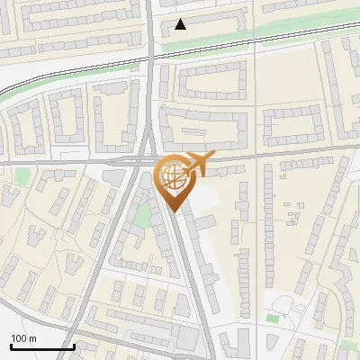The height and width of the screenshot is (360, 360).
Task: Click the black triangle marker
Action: (x=181, y=24)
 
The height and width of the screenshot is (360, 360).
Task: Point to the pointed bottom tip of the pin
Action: (x=174, y=211)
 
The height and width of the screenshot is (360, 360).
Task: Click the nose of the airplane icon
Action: (x=211, y=156)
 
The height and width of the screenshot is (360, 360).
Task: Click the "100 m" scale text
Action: (x=24, y=338)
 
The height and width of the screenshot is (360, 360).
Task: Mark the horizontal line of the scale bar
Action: (x=41, y=346)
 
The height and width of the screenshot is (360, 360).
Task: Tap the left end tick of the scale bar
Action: (x=10, y=345)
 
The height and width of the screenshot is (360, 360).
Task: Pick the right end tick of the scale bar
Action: (x=74, y=345)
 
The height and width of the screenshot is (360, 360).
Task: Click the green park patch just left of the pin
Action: (x=140, y=216)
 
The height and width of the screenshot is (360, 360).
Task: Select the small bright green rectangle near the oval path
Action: (x=272, y=318)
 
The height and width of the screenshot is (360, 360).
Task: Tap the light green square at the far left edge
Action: (x=22, y=176)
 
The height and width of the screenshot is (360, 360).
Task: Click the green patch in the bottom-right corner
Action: (x=348, y=346)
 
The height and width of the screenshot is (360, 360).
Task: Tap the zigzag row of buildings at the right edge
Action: (x=343, y=261)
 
